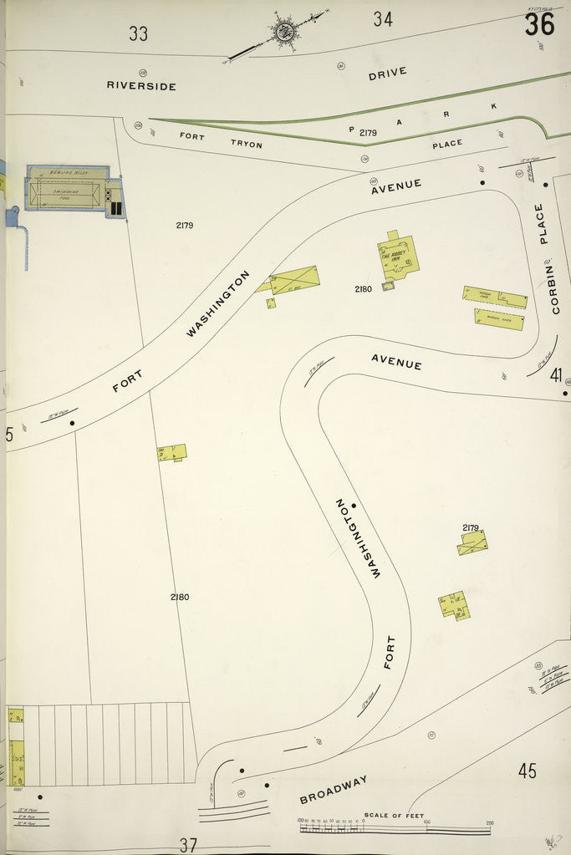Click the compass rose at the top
tap(284, 32)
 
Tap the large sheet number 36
tap(540, 25)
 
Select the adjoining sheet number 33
tap(139, 33)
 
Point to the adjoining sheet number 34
tap(383, 19)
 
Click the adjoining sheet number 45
tap(527, 771)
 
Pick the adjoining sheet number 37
tap(188, 844)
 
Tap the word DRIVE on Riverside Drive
tap(388, 74)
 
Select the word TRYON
tap(247, 145)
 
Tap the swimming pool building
tap(69, 189)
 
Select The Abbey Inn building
tap(398, 256)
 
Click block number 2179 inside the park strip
tap(368, 133)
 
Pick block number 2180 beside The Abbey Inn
tap(363, 289)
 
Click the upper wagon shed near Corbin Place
tap(495, 297)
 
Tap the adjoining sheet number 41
tap(556, 375)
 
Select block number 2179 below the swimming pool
tap(185, 225)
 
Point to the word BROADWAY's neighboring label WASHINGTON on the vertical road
tap(359, 538)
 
